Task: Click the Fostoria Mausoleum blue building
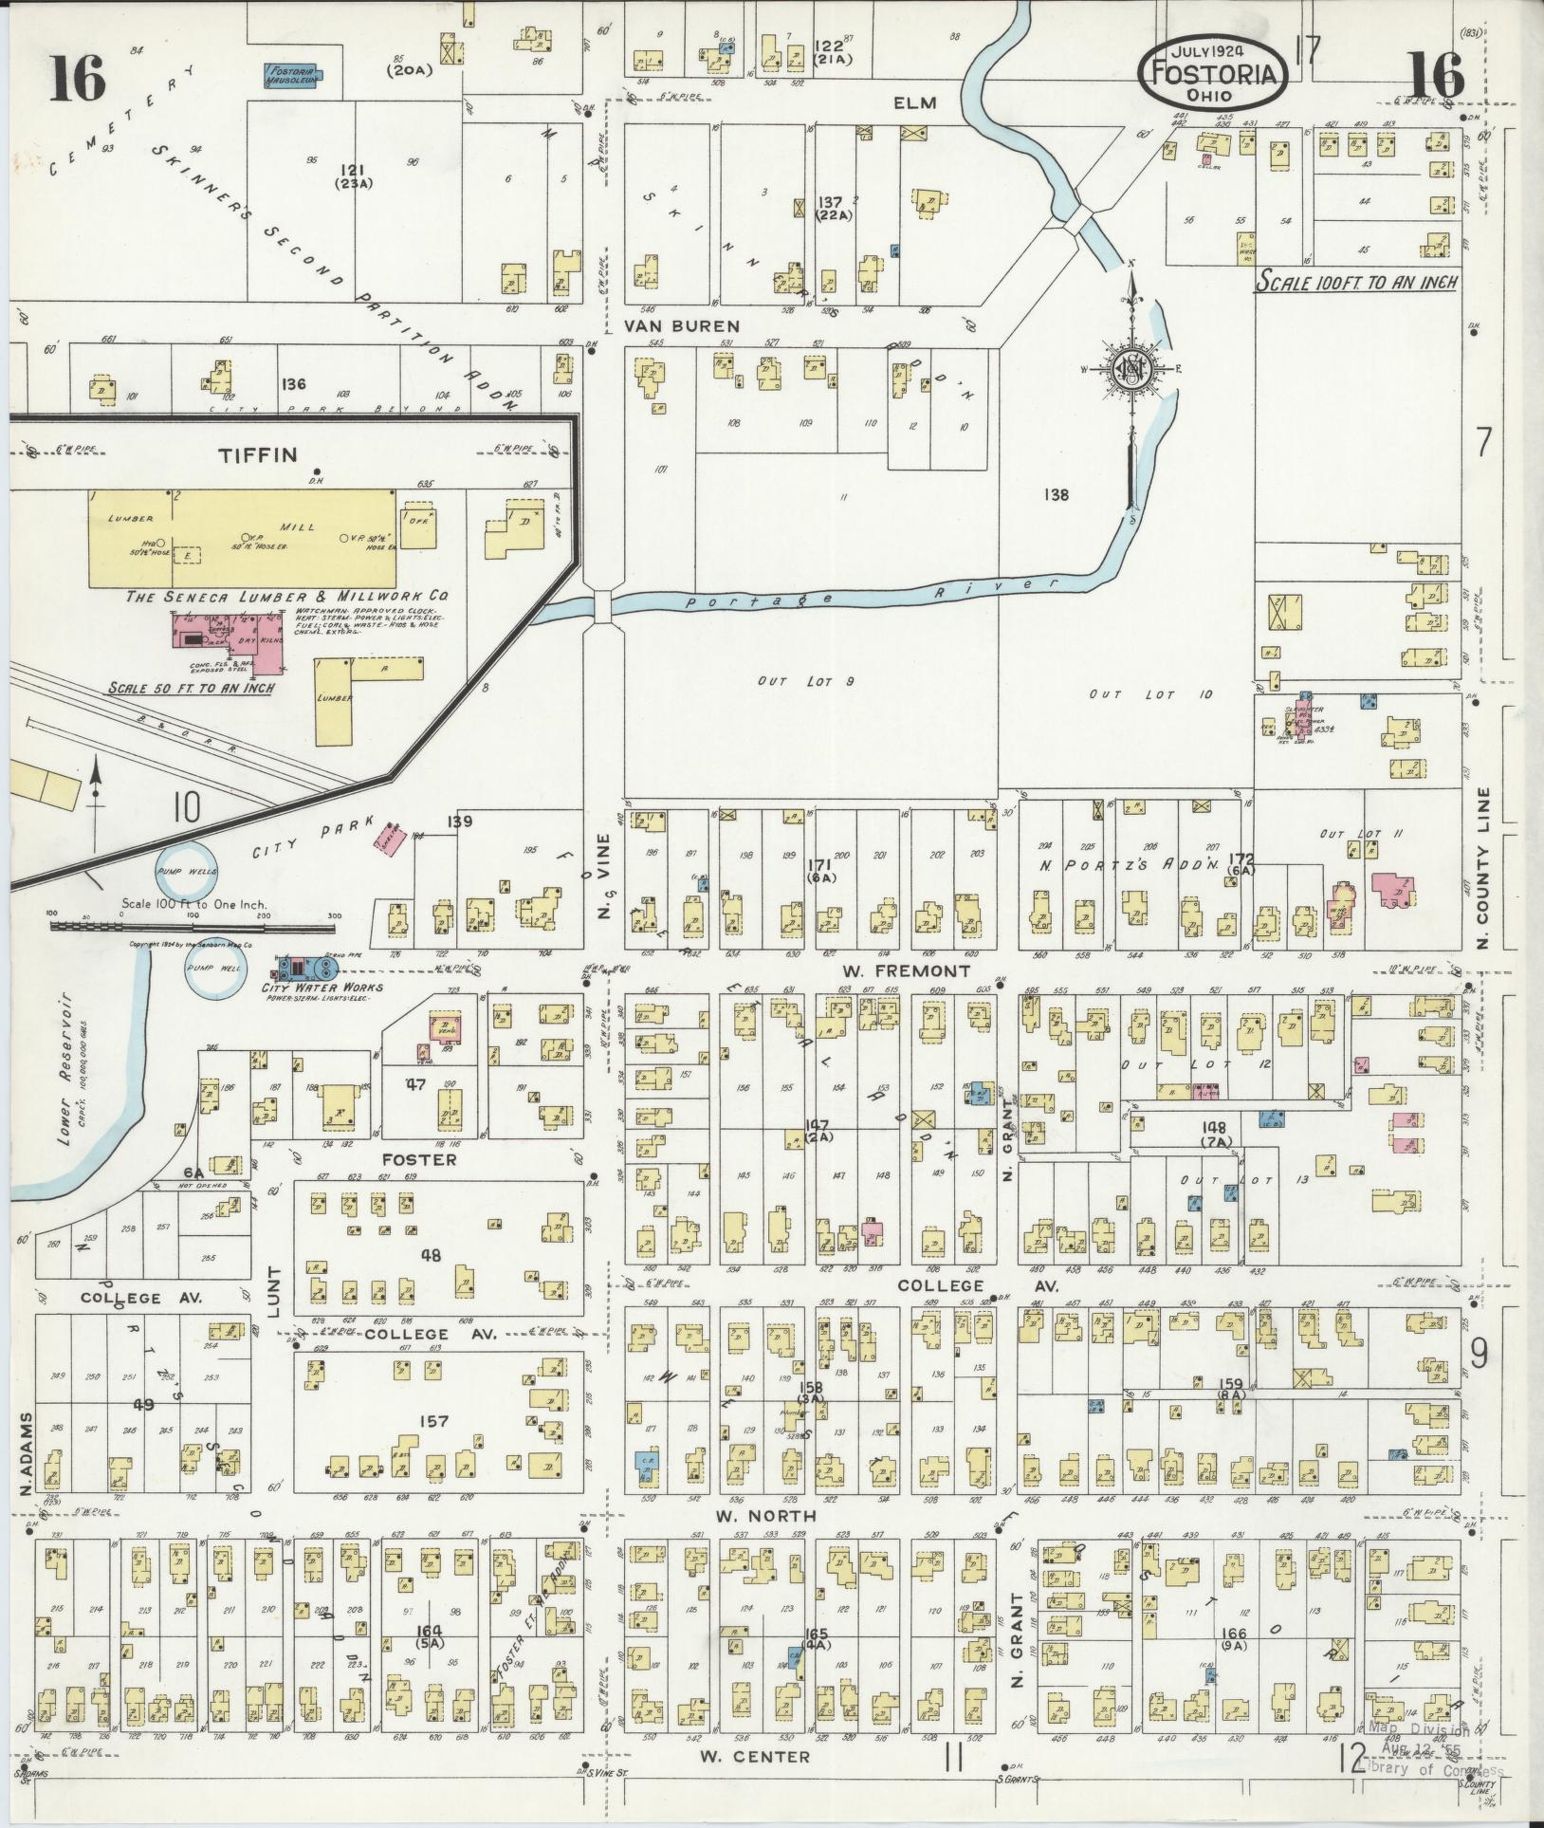click(292, 75)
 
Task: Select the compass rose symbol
click(1130, 369)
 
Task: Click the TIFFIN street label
click(258, 454)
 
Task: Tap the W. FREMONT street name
click(907, 970)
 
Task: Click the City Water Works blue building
click(305, 968)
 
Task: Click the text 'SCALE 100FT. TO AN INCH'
click(1356, 282)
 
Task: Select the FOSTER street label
click(419, 1159)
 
